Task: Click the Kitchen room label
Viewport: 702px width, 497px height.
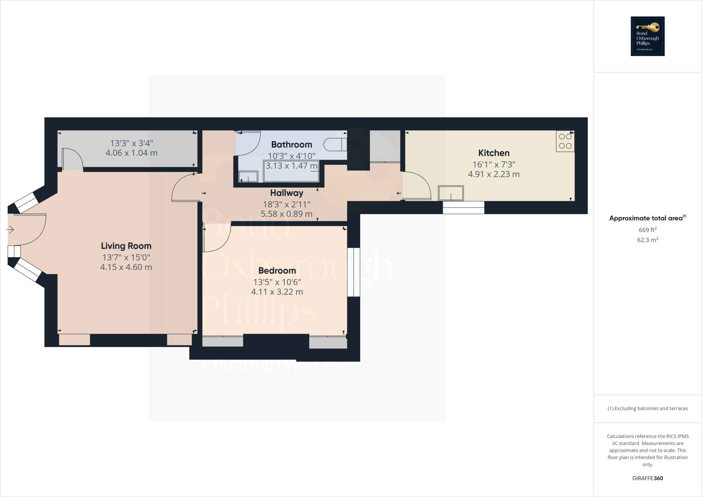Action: coord(494,153)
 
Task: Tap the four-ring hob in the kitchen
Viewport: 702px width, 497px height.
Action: coord(565,141)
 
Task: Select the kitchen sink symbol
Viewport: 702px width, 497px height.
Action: coord(451,193)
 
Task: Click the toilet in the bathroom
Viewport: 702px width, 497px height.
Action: coord(335,145)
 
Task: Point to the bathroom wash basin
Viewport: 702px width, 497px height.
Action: coord(248,176)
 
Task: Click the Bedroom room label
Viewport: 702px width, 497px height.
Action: coord(277,271)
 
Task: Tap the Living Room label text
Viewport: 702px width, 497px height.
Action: coord(126,246)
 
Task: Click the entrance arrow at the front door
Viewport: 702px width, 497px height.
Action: coord(10,230)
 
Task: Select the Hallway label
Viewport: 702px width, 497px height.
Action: coord(287,193)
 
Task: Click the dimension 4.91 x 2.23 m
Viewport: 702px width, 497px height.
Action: coord(494,174)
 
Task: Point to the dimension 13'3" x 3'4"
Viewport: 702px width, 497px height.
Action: coord(131,143)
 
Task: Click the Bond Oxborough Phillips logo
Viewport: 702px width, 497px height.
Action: coord(647,36)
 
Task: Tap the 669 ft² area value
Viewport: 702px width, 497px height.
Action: coord(647,230)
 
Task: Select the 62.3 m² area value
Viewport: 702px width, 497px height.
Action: coord(647,240)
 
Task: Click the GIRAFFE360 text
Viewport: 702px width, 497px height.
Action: coord(647,478)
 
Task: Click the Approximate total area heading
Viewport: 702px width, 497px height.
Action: coord(647,218)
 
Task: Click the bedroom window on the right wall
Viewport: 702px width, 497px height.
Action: coord(353,272)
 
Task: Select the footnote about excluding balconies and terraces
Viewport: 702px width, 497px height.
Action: coord(647,408)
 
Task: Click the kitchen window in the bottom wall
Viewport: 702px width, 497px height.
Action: coord(463,208)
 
